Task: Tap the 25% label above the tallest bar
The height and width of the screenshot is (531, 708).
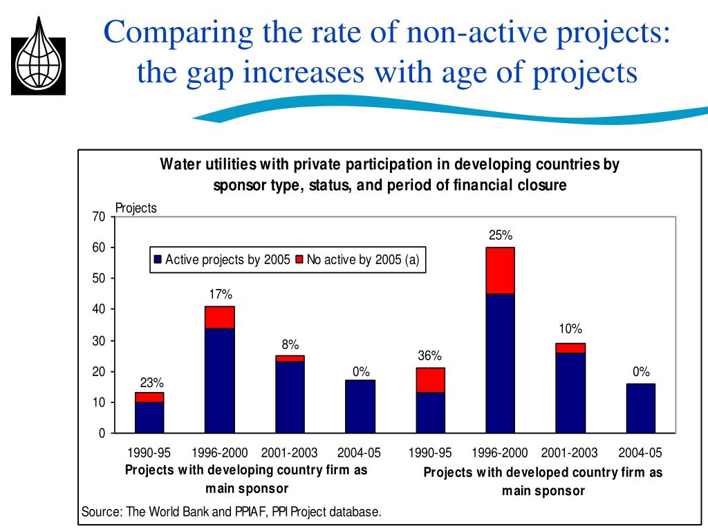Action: (x=501, y=236)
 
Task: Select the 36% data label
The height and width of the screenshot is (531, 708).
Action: (x=429, y=356)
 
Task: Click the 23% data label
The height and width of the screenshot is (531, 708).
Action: (x=152, y=382)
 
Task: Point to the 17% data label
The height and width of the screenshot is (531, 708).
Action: (x=221, y=295)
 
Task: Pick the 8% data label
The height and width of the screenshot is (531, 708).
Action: (x=290, y=344)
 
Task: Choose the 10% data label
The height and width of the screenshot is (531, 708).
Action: (x=571, y=329)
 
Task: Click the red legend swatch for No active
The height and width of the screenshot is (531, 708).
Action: (x=299, y=260)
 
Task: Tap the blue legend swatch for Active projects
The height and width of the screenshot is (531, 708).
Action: (x=158, y=260)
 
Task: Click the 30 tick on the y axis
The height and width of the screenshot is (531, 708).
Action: (x=98, y=341)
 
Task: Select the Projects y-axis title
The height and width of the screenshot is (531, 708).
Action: (x=136, y=208)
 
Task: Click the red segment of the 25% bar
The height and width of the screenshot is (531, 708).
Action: (x=500, y=270)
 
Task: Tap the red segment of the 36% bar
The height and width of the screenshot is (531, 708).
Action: (x=429, y=380)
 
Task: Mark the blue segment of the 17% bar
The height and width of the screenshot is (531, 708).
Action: (x=220, y=380)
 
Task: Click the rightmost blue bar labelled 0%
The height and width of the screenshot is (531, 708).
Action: (x=640, y=408)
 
